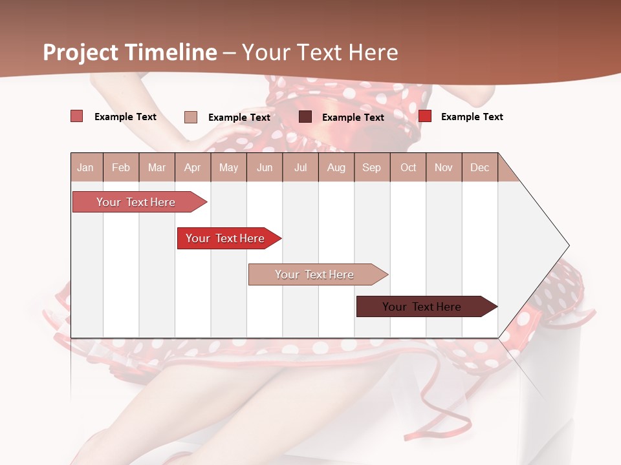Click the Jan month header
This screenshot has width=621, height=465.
(x=85, y=168)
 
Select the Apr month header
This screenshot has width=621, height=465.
(x=193, y=168)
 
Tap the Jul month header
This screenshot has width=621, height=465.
(x=300, y=168)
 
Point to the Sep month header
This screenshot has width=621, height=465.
(x=371, y=168)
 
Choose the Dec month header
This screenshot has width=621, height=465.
(x=479, y=168)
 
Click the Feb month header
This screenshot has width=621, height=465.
(x=121, y=168)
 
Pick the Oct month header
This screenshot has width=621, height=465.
(x=408, y=168)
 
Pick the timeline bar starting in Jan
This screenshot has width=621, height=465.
(x=138, y=202)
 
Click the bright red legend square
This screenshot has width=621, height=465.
(x=425, y=116)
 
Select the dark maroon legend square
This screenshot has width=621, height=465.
(x=305, y=117)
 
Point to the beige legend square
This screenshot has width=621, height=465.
(x=191, y=117)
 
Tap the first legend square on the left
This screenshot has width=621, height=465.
(x=77, y=116)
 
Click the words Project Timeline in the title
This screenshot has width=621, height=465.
(x=130, y=52)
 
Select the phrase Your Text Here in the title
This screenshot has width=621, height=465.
(x=320, y=52)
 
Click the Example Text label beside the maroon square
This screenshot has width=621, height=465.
(x=353, y=118)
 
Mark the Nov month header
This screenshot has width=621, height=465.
(x=444, y=168)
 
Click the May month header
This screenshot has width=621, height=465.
(x=228, y=168)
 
